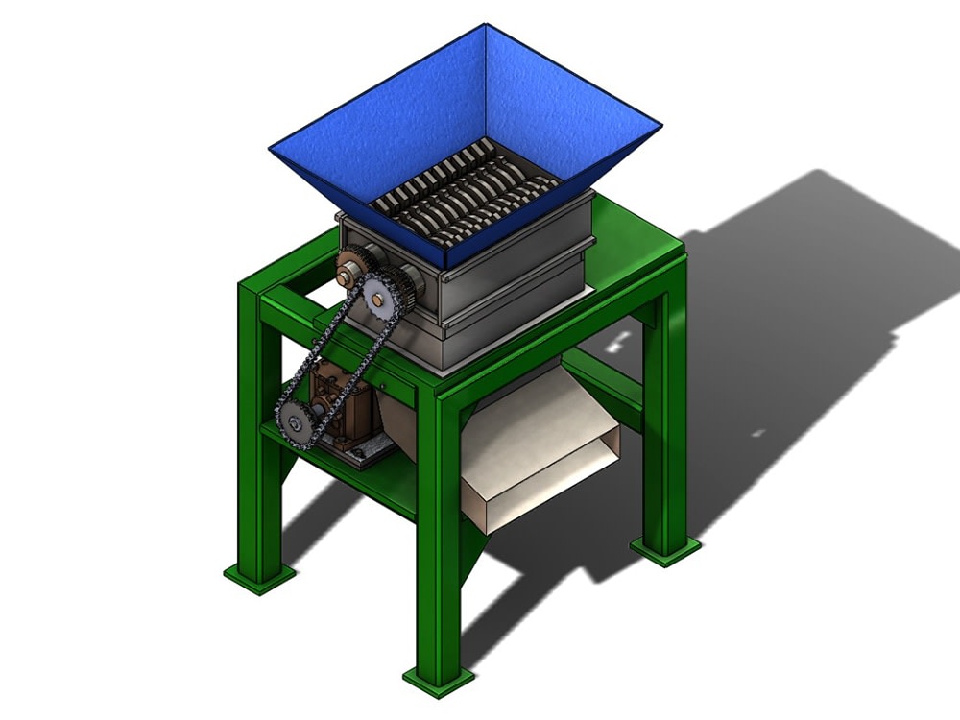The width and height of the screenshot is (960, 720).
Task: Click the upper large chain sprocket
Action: [x=378, y=300]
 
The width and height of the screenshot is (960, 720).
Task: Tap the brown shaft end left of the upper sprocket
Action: [x=345, y=277]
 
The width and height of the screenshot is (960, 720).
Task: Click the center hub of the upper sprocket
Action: [x=378, y=300]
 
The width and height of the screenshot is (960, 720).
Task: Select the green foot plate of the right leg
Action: [x=664, y=549]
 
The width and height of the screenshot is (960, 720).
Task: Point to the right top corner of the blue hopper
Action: [x=660, y=125]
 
